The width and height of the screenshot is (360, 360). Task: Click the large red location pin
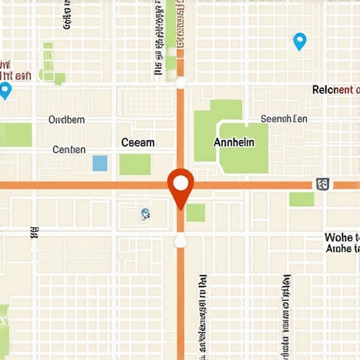click(181, 186)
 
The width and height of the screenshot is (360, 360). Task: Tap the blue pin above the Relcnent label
click(300, 41)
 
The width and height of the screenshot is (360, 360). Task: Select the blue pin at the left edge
click(6, 90)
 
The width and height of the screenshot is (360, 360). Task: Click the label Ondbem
click(66, 120)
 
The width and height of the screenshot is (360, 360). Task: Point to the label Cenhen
click(69, 149)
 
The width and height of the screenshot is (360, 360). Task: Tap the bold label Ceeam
click(138, 142)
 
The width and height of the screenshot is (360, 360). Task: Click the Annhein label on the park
click(233, 142)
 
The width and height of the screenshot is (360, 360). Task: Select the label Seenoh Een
click(284, 120)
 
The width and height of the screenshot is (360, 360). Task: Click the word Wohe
click(342, 237)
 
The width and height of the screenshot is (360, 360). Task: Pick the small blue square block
click(100, 163)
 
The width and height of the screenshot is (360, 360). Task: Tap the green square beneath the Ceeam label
click(135, 165)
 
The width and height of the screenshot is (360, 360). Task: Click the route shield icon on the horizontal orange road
click(323, 185)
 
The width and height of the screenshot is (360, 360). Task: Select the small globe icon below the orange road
click(145, 214)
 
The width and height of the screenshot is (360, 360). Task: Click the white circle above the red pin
click(181, 84)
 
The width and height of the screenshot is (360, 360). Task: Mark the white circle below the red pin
click(181, 241)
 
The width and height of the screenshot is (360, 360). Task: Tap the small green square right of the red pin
click(195, 212)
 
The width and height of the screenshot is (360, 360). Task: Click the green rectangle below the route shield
click(302, 199)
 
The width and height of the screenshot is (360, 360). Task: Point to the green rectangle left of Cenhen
click(15, 135)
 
